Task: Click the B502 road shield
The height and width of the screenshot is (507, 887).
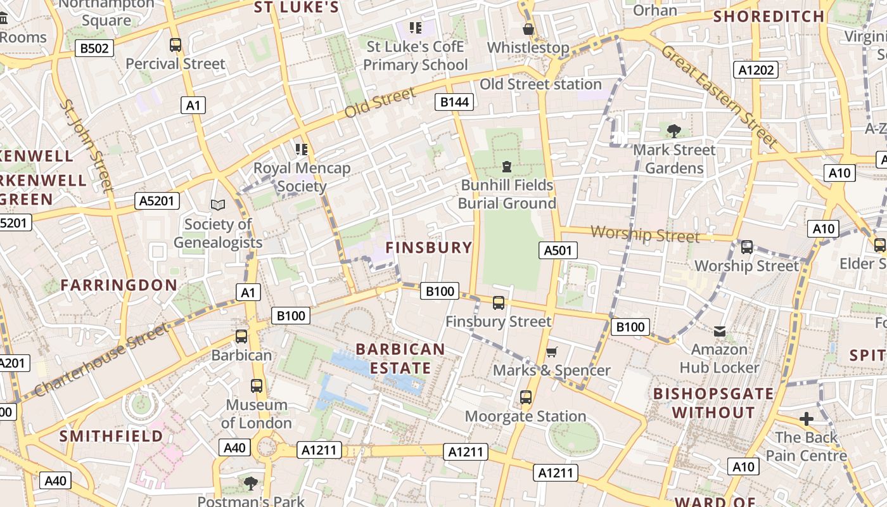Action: click(94, 48)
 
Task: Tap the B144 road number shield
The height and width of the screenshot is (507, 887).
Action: click(455, 102)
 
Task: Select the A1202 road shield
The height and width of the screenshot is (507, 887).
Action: click(756, 70)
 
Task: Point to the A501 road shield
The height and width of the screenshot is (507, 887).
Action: click(558, 250)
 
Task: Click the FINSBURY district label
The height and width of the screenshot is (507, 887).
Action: click(430, 248)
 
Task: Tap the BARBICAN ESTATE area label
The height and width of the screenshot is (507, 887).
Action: click(400, 359)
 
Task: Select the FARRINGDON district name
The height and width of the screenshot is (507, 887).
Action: click(119, 285)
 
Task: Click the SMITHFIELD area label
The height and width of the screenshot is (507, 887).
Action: click(111, 436)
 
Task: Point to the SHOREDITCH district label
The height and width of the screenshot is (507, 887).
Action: click(769, 16)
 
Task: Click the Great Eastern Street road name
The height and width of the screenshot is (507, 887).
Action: click(720, 95)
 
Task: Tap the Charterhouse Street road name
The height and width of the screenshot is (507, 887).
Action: click(101, 359)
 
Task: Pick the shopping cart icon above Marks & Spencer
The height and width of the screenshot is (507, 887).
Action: click(552, 352)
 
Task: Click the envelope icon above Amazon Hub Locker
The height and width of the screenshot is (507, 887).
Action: click(720, 331)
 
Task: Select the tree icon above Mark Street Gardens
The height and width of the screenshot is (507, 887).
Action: click(674, 131)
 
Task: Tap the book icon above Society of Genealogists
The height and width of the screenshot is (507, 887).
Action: click(218, 205)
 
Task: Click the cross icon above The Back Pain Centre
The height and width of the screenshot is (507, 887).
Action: click(806, 419)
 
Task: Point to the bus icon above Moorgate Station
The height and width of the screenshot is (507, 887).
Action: click(526, 397)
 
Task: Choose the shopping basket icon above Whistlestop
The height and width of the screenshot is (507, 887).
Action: click(528, 29)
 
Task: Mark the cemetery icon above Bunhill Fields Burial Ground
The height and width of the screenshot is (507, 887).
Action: click(507, 167)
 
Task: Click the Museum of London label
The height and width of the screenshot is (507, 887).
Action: click(257, 413)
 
